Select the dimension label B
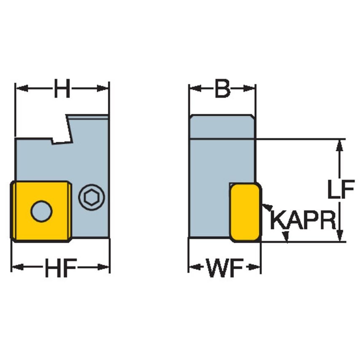coord(222,89)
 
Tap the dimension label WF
coord(224,268)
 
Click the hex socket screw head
coord(92,196)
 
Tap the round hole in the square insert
coord(41,211)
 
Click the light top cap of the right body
coord(222,126)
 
